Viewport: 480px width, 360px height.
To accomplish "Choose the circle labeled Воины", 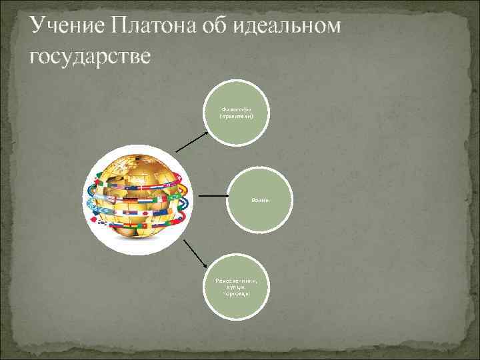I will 261,197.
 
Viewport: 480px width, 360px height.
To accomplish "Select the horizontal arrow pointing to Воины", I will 214,197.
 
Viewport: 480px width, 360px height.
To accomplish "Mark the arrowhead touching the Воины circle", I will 227,197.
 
